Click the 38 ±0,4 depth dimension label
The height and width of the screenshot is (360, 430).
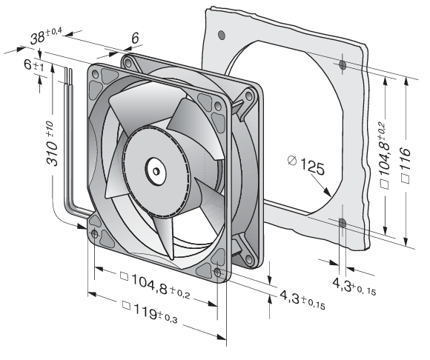click(47, 36)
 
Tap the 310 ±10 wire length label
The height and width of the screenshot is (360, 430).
click(52, 144)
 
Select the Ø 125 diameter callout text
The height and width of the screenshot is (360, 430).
click(306, 165)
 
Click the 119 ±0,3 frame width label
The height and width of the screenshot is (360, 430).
click(150, 313)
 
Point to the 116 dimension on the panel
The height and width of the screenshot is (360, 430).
click(406, 165)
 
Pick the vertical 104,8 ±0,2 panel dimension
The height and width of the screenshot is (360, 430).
click(384, 156)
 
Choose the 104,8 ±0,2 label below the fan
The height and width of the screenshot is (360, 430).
click(155, 287)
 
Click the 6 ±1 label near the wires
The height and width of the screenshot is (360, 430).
click(33, 65)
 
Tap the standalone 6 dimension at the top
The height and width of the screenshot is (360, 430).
click(135, 38)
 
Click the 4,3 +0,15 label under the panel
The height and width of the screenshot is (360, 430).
click(354, 286)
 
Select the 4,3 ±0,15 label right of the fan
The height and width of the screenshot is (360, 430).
click(302, 300)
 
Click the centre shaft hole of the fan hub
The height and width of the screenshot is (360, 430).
click(156, 172)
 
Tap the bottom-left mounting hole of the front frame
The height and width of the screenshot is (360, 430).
click(94, 233)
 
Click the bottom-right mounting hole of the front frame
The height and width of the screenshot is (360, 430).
click(217, 273)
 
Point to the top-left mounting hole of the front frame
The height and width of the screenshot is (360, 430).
click(95, 74)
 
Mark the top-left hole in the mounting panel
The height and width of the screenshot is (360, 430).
click(222, 35)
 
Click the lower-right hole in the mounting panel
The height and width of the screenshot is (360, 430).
click(343, 223)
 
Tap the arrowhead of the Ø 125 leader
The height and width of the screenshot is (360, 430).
click(327, 193)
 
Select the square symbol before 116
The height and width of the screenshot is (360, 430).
click(406, 179)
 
